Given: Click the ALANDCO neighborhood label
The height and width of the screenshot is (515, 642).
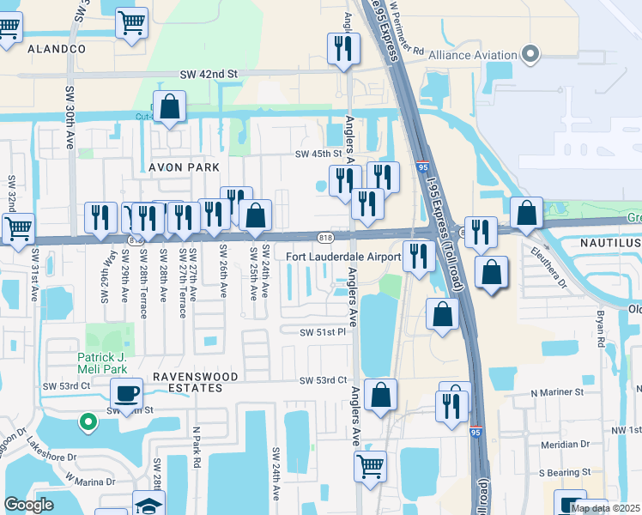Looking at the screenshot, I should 57,50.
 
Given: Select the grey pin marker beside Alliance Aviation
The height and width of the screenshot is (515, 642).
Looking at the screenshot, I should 530,54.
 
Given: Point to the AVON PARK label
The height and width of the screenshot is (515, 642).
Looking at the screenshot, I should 184,167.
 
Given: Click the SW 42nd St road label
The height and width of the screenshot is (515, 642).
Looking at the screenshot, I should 208,76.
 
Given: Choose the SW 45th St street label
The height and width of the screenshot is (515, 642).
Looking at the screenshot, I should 319,154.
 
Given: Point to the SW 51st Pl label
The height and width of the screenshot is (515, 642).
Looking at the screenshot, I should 322,332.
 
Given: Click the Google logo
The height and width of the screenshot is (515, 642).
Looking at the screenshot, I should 28,505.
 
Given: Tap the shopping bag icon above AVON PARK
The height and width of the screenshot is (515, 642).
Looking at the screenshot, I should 171,108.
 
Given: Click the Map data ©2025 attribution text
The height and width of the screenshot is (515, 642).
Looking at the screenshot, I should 604,508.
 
